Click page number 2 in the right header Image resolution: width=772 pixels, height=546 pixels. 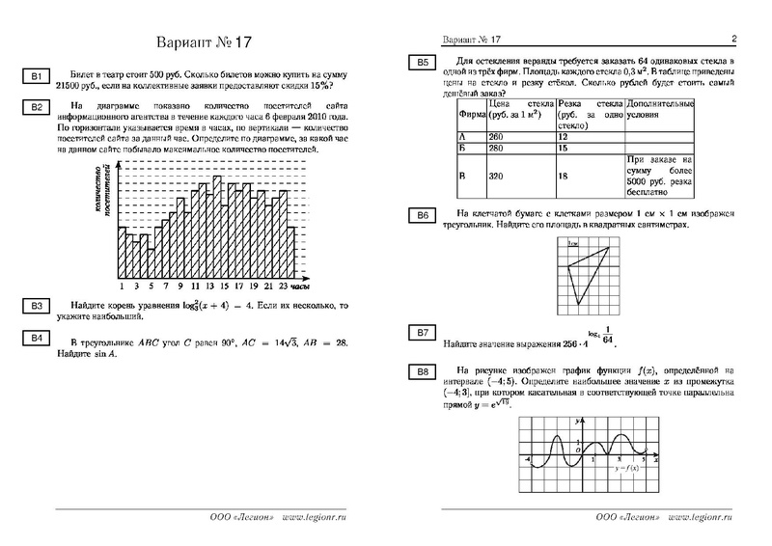pos(734,39)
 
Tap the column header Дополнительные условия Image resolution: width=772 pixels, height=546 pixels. pos(660,109)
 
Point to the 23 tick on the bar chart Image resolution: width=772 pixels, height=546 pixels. pos(283,287)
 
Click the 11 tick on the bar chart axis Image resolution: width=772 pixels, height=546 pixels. pos(195,287)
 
